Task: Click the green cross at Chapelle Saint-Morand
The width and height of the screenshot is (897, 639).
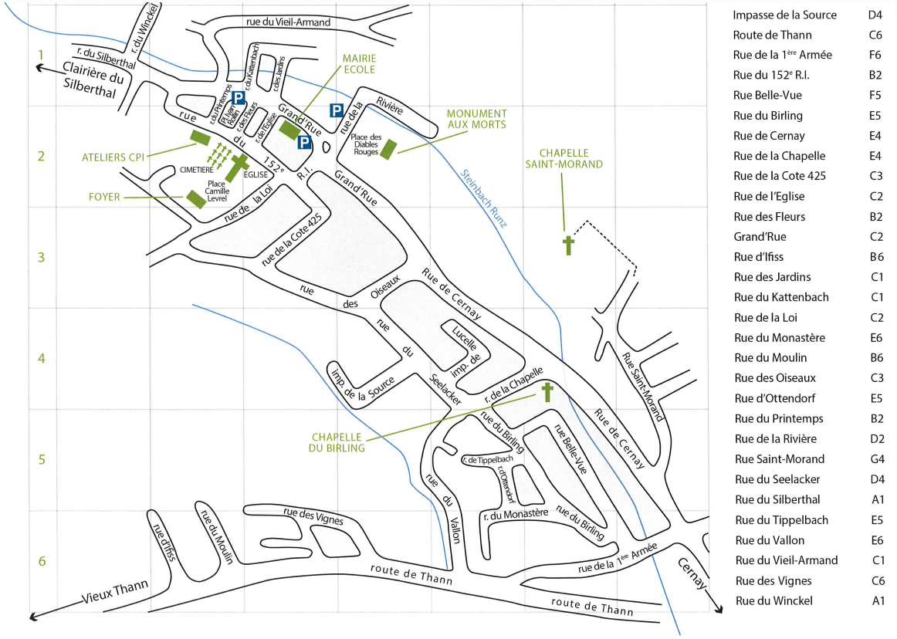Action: click(x=568, y=245)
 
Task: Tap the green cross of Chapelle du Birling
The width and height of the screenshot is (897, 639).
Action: click(x=547, y=392)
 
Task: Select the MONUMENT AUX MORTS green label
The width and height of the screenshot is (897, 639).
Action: click(x=476, y=119)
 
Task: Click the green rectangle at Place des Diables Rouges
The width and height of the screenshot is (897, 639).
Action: click(x=388, y=147)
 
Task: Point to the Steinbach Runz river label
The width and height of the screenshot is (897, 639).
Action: click(x=483, y=198)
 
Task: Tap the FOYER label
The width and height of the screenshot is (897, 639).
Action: click(x=104, y=197)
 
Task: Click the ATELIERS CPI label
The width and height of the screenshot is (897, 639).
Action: click(x=113, y=157)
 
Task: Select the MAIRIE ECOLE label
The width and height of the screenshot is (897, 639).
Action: click(x=359, y=63)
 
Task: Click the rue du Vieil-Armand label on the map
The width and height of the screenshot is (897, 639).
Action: click(x=288, y=22)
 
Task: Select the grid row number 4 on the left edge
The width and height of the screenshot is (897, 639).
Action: click(x=42, y=358)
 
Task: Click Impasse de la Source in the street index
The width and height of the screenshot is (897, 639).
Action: click(x=784, y=15)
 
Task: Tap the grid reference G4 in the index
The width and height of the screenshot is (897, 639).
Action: click(x=875, y=458)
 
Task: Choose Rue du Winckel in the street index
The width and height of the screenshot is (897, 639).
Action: click(x=773, y=600)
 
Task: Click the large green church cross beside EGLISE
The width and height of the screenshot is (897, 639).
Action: click(x=238, y=165)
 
